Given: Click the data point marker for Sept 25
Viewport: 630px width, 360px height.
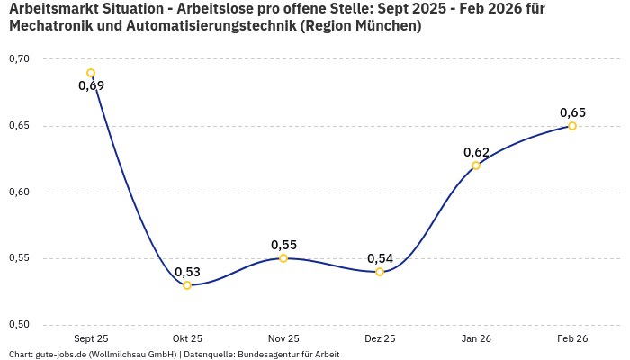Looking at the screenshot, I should [x=91, y=73].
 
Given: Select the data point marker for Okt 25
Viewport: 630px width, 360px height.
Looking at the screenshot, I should [x=187, y=285].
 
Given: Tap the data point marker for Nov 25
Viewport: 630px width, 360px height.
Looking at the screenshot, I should [x=283, y=258].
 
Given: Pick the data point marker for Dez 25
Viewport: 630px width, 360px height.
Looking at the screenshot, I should [x=380, y=272].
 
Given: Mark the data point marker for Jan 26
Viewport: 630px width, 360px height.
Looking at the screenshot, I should [x=476, y=166].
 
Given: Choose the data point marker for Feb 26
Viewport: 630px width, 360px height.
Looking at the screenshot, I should [x=572, y=126].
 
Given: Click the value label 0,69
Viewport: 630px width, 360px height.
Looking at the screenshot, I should [x=91, y=86].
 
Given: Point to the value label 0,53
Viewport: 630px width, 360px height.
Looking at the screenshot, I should [x=187, y=272].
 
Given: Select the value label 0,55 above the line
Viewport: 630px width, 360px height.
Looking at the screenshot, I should [x=283, y=245].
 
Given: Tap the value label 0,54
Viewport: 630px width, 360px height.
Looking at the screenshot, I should [x=380, y=258].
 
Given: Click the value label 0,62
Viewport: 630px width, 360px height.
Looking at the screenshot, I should [x=476, y=152].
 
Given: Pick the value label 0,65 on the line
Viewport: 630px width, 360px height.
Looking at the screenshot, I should [x=572, y=112].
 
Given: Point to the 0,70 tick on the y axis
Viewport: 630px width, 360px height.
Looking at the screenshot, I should [x=19, y=59].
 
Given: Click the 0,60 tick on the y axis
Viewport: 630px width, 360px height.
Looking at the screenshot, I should [x=19, y=193].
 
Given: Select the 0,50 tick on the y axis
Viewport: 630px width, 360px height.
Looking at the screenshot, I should [x=19, y=325].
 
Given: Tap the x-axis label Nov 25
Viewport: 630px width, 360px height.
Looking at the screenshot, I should [x=283, y=338].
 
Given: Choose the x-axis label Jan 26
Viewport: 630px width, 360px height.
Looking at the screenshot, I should [x=476, y=338].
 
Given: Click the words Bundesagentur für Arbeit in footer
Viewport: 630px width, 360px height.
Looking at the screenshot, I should [x=289, y=355].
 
